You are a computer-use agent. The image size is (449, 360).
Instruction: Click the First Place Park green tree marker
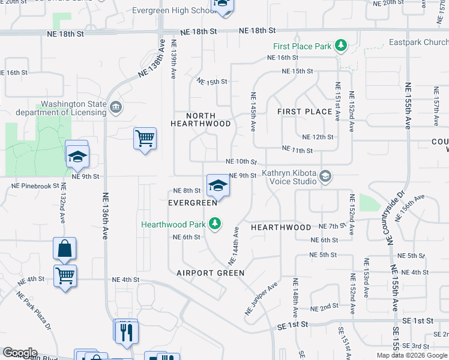(341, 46)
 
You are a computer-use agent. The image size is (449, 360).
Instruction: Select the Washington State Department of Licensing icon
(116, 108)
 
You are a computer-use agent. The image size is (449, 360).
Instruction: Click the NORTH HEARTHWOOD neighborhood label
(200, 119)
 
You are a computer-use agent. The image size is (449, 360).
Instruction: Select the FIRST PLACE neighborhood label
(305, 112)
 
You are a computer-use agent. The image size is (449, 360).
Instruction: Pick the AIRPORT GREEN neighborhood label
(210, 273)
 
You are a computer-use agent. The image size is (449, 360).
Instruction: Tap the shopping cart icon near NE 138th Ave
(145, 139)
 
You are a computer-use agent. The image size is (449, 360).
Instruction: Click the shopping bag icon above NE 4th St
(64, 248)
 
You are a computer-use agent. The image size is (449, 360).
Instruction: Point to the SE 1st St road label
(293, 325)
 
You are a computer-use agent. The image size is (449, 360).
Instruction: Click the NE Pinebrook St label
(35, 187)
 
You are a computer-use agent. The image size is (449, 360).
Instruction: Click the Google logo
(20, 353)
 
